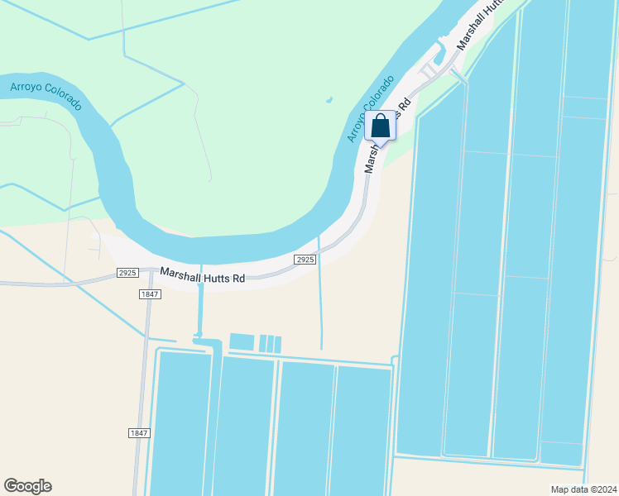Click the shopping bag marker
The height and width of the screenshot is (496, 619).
coord(381,126)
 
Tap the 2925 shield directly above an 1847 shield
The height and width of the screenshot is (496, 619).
coord(127,272)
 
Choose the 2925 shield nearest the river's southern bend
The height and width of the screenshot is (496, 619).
coord(305,260)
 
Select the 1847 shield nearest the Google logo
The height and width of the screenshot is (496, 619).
coord(139,433)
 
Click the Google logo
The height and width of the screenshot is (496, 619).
coord(27,486)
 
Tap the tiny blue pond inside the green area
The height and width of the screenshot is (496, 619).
coord(329,101)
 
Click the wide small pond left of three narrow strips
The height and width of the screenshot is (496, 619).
coord(242,342)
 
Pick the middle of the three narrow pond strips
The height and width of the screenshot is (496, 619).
coord(270,344)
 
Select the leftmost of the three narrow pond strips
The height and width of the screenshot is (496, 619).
coord(262,344)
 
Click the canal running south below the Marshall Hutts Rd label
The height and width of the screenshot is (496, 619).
coord(199,310)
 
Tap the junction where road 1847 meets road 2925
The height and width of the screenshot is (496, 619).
coord(151,271)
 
